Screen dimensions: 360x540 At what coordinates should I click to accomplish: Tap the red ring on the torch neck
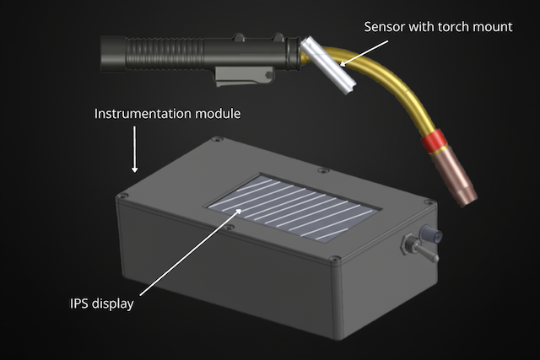pos(433,141)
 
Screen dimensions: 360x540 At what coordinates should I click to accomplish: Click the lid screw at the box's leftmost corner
pos(124,198)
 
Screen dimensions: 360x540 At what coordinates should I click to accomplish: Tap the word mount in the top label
pos(494,27)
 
